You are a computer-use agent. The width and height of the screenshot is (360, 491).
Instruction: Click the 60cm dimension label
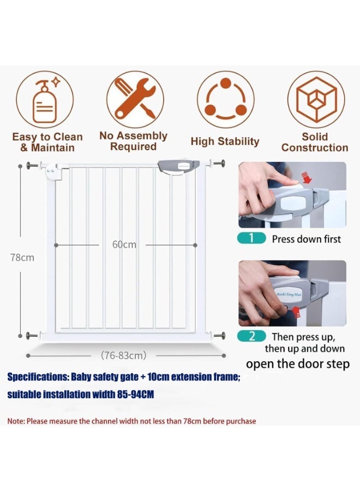tap(124, 245)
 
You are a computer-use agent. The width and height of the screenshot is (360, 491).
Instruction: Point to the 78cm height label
tap(22, 258)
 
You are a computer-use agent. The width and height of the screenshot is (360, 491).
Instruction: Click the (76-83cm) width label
tap(124, 356)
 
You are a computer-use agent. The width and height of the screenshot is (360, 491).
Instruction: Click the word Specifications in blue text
tap(39, 377)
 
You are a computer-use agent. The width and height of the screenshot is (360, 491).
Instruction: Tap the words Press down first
tap(306, 239)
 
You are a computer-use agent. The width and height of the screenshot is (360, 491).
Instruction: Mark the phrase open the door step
tap(297, 364)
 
